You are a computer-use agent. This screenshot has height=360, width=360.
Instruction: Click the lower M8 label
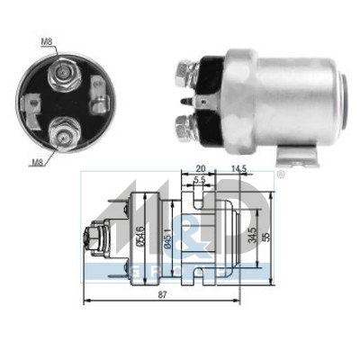[37, 162]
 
